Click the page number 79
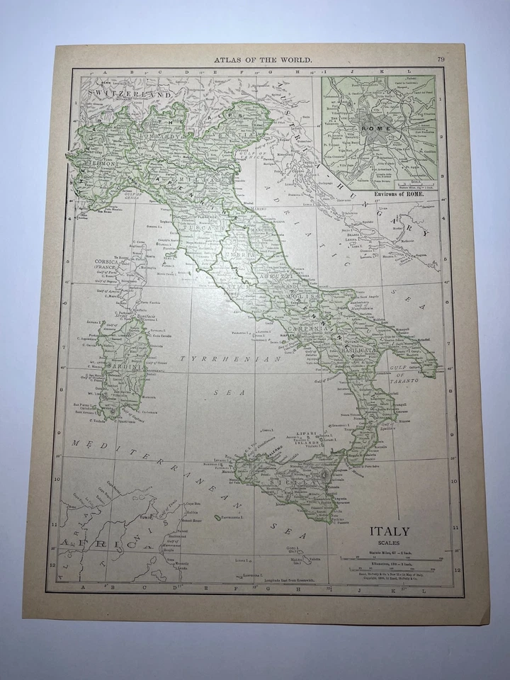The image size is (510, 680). click(x=441, y=59)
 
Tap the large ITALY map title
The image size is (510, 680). click(x=390, y=531)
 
